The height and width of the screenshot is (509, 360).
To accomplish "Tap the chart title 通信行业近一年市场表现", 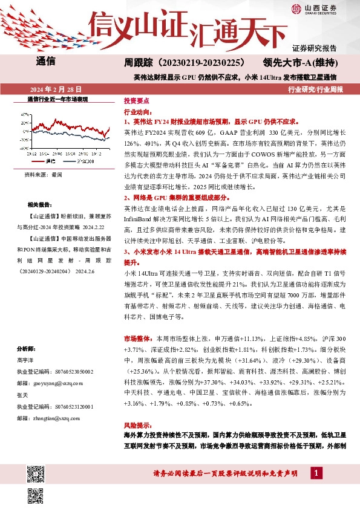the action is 58,99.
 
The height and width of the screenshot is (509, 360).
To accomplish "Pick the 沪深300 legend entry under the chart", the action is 84,162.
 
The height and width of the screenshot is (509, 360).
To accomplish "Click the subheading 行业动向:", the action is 137,112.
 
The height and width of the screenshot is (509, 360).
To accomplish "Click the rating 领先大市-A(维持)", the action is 303,62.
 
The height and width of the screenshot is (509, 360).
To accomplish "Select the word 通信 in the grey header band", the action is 46,61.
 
